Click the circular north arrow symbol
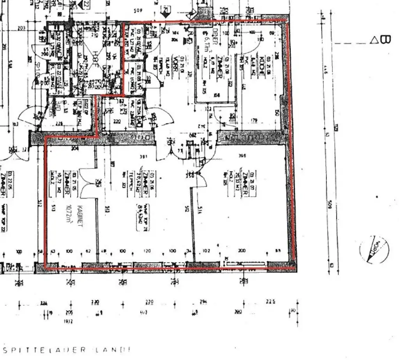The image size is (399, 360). tap(374, 250)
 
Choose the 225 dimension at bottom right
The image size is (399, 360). tap(270, 301)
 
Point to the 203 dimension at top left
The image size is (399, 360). tap(21, 28)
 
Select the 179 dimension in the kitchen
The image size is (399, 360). tap(254, 120)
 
